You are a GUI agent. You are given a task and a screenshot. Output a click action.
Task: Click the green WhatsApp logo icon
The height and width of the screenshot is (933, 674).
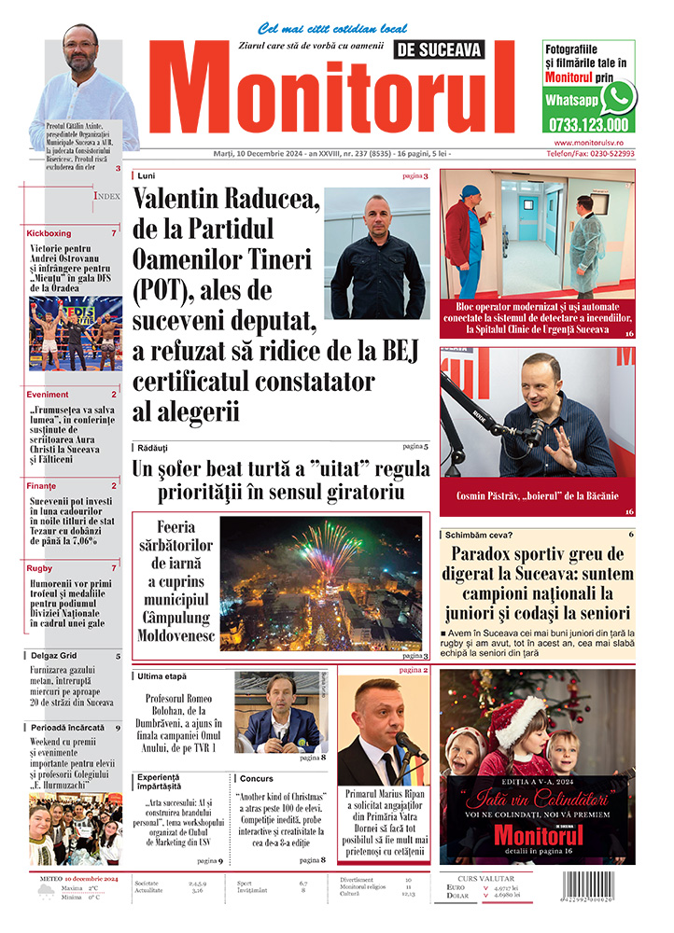(618, 97)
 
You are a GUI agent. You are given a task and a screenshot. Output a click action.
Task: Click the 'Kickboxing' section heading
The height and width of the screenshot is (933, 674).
(49, 232)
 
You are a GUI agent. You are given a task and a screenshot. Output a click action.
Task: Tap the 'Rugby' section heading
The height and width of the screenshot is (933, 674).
(39, 567)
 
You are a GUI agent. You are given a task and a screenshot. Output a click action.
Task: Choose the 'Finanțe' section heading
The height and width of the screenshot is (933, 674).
(41, 486)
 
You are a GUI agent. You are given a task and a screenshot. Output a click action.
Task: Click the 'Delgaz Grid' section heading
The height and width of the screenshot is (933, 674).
(52, 656)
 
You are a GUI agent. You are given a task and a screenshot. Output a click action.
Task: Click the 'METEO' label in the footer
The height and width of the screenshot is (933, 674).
(47, 879)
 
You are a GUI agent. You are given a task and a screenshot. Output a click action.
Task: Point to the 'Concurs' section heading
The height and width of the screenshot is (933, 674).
(257, 777)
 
